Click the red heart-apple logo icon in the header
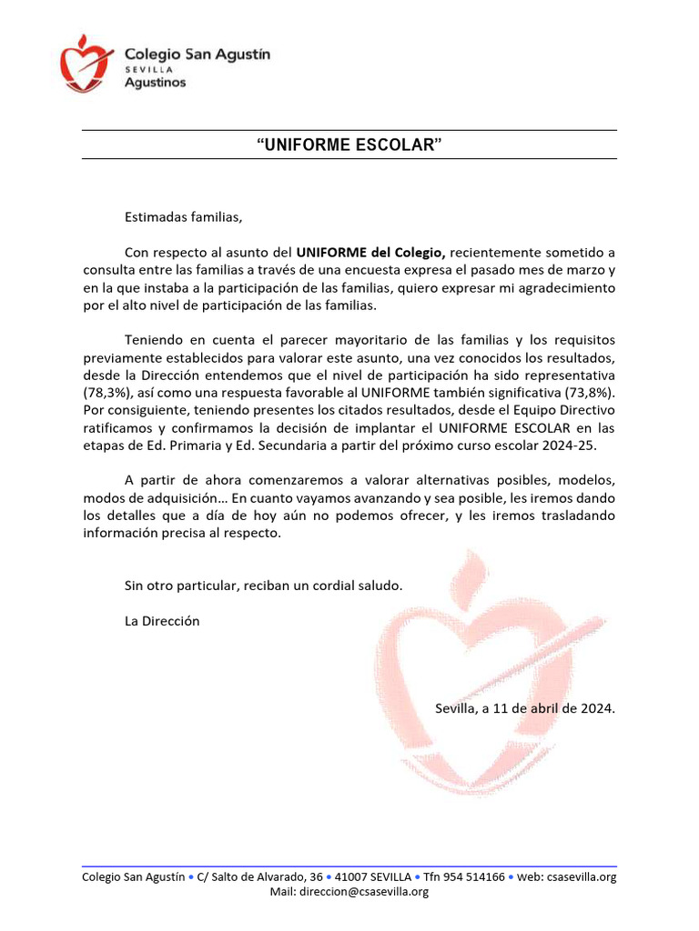86,63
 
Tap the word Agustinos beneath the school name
155,83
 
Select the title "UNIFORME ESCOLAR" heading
349,145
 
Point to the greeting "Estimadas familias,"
184,217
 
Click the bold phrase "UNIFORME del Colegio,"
370,252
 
